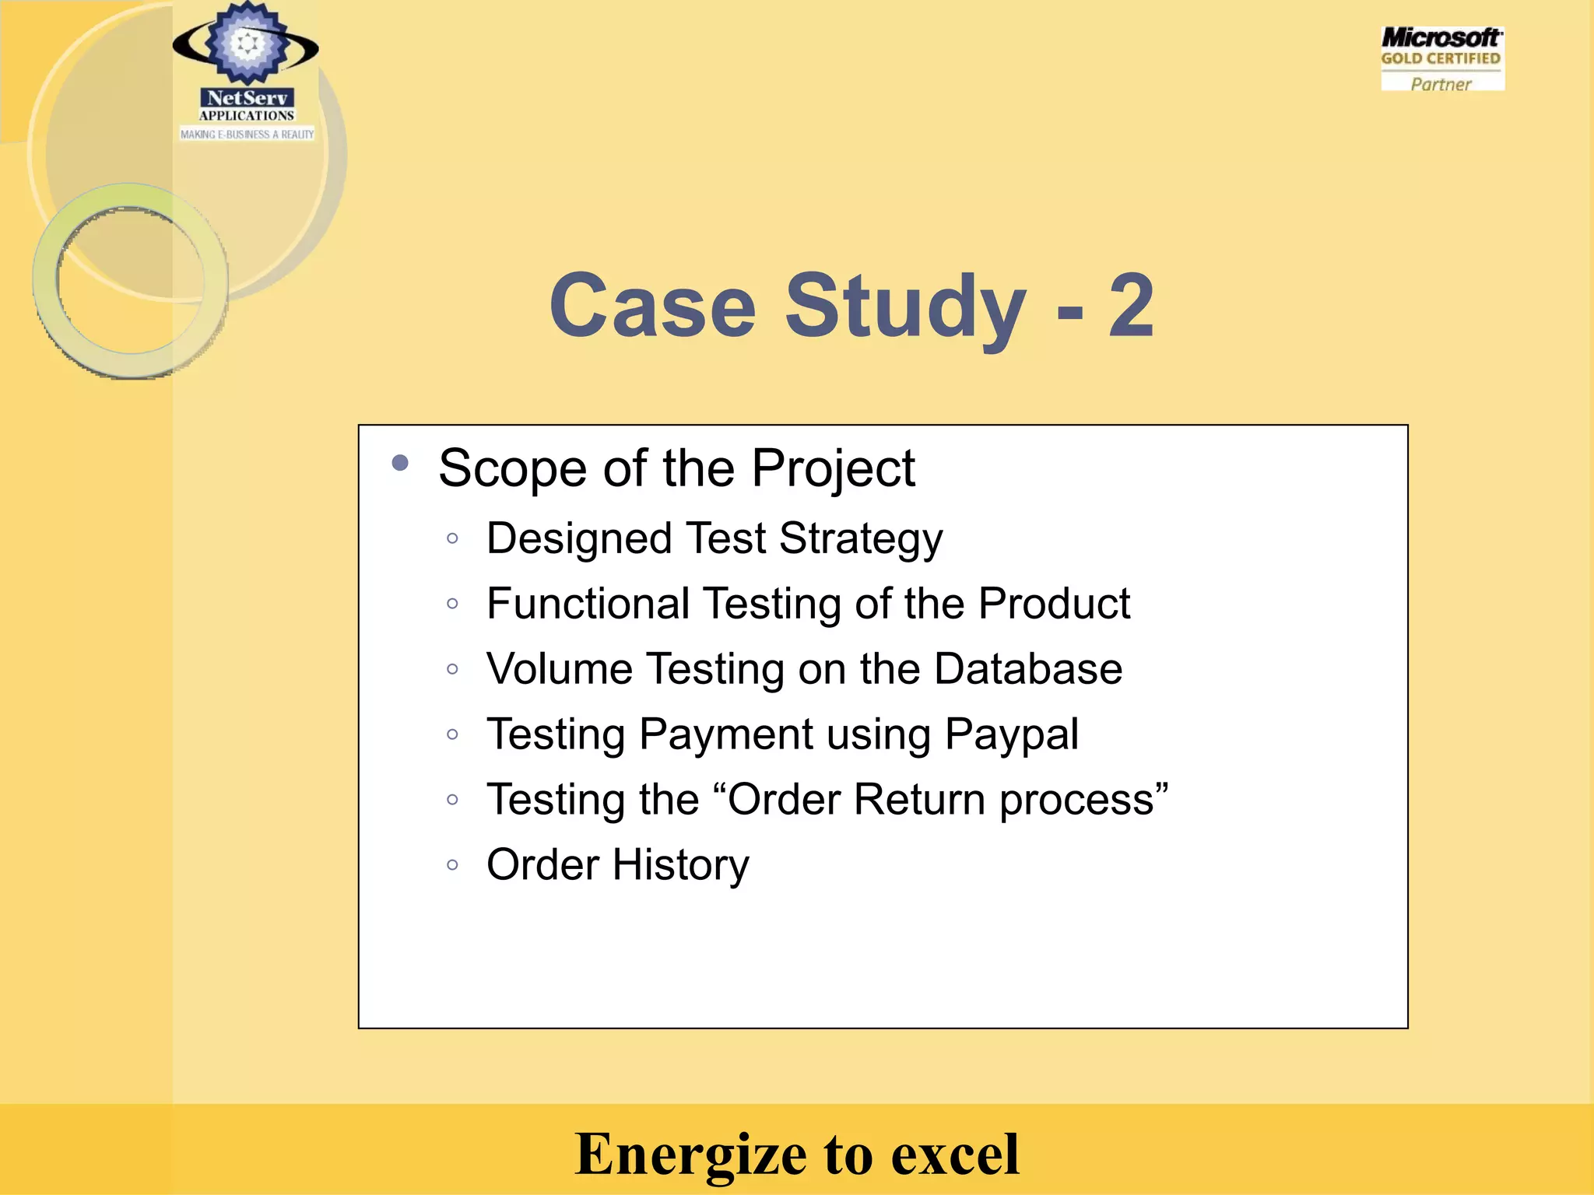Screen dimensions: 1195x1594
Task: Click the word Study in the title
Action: point(905,309)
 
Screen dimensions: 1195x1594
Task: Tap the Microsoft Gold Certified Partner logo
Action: point(1442,59)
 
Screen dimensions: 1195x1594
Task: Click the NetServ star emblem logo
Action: point(246,44)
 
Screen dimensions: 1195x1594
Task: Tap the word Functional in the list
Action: point(588,604)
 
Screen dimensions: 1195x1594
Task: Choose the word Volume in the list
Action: point(560,669)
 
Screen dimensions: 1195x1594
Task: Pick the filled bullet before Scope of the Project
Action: point(401,464)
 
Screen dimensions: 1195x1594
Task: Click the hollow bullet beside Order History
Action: point(453,864)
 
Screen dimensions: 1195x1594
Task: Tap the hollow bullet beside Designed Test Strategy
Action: point(453,538)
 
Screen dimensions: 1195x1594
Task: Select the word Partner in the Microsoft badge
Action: point(1441,84)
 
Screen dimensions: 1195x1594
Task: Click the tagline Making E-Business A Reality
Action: point(248,135)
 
